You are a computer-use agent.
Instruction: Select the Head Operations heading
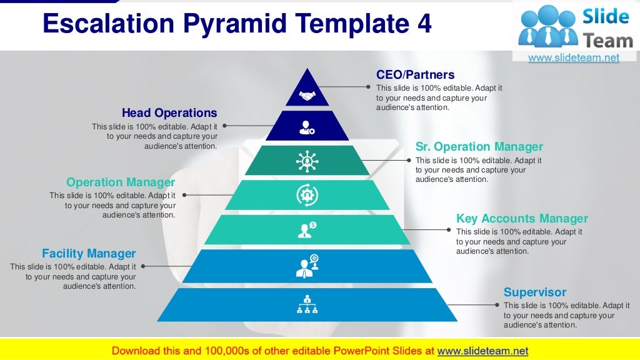click(169, 113)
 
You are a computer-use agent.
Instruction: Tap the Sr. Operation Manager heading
click(479, 147)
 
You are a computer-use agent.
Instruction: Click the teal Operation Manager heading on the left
click(121, 182)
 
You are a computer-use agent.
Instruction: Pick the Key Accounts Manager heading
click(522, 219)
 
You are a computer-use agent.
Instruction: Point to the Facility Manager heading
click(89, 254)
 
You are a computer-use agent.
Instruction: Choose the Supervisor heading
click(535, 292)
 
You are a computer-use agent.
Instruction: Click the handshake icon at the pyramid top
click(307, 96)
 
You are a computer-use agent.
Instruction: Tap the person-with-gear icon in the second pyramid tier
click(307, 127)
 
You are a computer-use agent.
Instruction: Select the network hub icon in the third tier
click(307, 161)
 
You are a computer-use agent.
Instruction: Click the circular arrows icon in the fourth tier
click(307, 195)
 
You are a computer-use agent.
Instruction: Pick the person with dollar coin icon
click(307, 230)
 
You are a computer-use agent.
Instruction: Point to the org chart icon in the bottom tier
click(307, 304)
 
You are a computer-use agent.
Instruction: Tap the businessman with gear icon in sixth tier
click(307, 266)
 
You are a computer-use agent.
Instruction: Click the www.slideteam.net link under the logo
click(573, 57)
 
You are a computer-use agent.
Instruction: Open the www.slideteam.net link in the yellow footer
click(482, 351)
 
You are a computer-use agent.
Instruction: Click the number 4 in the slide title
click(423, 24)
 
